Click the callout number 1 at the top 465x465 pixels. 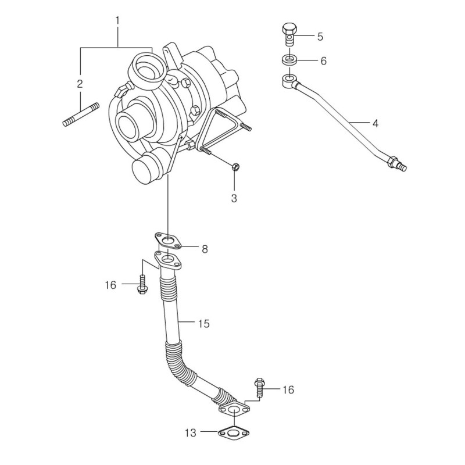point(117,21)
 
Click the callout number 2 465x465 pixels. point(80,84)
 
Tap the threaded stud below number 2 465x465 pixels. point(81,115)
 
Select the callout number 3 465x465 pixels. point(234,198)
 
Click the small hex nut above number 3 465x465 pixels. point(235,167)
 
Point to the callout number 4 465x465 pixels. point(375,123)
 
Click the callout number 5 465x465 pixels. point(320,37)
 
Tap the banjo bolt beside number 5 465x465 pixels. point(289,34)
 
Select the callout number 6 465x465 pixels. point(323,61)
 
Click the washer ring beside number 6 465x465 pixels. point(289,60)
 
